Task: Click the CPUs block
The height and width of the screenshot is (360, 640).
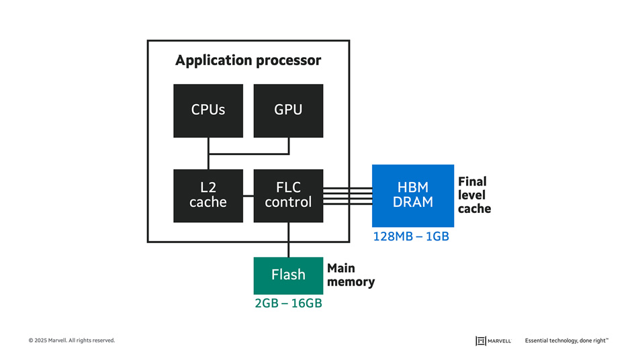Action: [x=208, y=111]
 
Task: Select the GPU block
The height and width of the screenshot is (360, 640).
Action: [x=288, y=111]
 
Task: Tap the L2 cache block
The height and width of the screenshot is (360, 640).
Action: [x=208, y=195]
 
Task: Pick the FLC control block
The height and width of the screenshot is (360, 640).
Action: [x=288, y=195]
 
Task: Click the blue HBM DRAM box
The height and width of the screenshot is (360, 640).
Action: [x=412, y=195]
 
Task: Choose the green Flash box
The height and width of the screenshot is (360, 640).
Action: [x=288, y=275]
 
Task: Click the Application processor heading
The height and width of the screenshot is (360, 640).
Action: [x=248, y=60]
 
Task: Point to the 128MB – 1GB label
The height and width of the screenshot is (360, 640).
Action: [x=410, y=236]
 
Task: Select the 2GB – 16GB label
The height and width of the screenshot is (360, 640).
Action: [x=288, y=304]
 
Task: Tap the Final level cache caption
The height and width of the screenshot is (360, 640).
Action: [x=474, y=195]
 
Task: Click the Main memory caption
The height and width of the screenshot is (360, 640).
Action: [x=351, y=275]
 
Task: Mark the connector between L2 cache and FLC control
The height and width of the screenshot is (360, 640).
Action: [x=248, y=196]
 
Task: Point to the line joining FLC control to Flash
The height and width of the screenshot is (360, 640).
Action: [x=288, y=240]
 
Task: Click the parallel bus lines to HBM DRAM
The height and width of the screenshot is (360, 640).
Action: [x=347, y=195]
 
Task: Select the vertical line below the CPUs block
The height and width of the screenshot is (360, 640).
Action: [x=208, y=146]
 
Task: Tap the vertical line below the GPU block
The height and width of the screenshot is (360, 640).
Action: [x=289, y=146]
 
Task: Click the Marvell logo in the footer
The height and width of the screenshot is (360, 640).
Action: [x=493, y=341]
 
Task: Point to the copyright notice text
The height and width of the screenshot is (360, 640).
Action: [x=72, y=341]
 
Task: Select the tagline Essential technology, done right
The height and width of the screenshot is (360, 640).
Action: [x=566, y=341]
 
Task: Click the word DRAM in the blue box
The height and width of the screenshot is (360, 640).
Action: [x=412, y=202]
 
